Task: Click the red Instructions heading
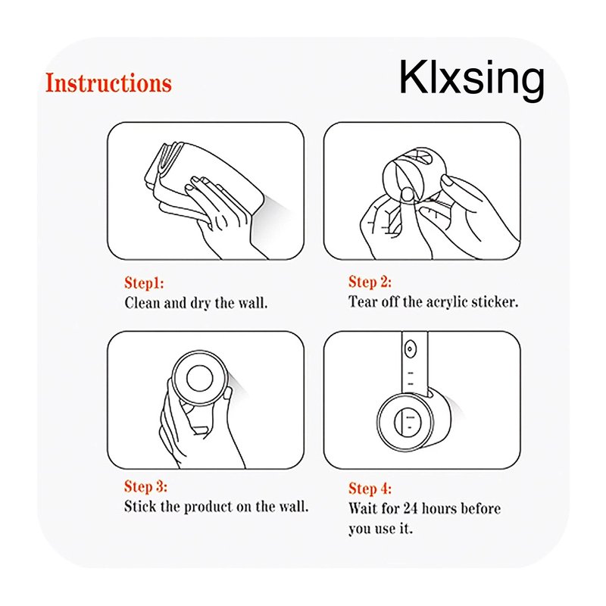pyautogui.click(x=108, y=83)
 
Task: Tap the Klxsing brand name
pyautogui.click(x=471, y=80)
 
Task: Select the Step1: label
pyautogui.click(x=144, y=283)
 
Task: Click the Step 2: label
pyautogui.click(x=370, y=282)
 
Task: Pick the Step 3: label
pyautogui.click(x=145, y=486)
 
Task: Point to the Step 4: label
pyautogui.click(x=370, y=489)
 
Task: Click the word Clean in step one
pyautogui.click(x=142, y=302)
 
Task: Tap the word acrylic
pyautogui.click(x=447, y=302)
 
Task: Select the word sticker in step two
pyautogui.click(x=495, y=301)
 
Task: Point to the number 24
pyautogui.click(x=411, y=508)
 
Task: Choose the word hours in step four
pyautogui.click(x=440, y=508)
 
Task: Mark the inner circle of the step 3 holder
pyautogui.click(x=199, y=378)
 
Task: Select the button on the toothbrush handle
pyautogui.click(x=410, y=350)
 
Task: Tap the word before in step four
pyautogui.click(x=481, y=508)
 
